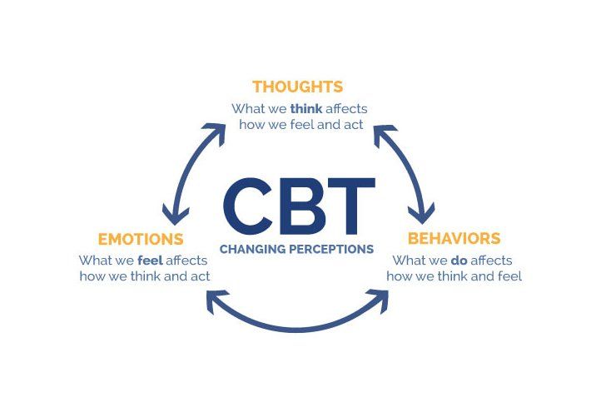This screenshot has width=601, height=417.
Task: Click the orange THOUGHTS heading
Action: point(297,87)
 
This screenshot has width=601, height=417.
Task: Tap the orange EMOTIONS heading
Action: point(141,240)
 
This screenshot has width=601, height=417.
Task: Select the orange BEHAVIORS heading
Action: point(454,238)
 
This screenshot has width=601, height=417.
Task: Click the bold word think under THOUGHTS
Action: point(306,109)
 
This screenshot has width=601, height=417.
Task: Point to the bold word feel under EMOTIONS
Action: point(150,261)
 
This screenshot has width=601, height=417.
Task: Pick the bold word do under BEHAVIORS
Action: point(459,261)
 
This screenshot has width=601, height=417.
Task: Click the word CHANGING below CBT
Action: point(252,250)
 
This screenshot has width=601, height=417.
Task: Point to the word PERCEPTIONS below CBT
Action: point(331,250)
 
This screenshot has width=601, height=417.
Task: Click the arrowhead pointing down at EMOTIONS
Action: point(175,215)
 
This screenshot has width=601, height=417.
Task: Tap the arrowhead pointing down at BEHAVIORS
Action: point(422,213)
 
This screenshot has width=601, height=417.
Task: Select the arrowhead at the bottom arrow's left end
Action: point(216,300)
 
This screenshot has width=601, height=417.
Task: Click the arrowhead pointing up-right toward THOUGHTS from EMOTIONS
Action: point(215,132)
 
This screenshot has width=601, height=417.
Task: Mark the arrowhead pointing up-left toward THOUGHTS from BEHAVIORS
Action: point(384,134)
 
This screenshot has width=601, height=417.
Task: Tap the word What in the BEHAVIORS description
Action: point(407,261)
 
